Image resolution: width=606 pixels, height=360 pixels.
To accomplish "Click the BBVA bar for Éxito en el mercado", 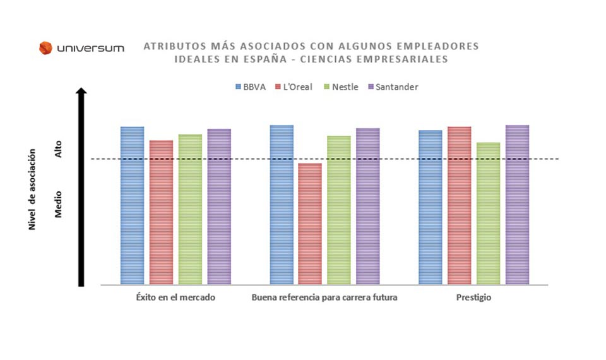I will point(132,205).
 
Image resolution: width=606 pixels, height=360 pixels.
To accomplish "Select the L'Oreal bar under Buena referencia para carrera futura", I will point(310,224).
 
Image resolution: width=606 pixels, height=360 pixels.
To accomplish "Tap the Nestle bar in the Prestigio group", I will point(488,213).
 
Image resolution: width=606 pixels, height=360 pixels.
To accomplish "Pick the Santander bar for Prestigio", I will point(517,205).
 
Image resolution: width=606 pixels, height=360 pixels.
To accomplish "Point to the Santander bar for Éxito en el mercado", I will point(219,207).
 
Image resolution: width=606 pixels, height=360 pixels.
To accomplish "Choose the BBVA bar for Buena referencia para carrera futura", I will point(282,205).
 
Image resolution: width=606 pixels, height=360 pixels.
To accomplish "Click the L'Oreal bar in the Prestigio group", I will point(460,205).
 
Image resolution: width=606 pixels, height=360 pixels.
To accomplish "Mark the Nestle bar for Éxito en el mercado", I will point(190,209).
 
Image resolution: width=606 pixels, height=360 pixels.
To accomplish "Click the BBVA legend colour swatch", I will point(238,87).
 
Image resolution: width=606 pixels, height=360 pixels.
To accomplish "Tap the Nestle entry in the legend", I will point(345,87).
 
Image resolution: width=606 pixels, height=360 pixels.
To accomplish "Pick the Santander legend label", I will point(396,87).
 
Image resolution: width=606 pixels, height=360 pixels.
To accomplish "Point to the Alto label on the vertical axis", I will point(59,149).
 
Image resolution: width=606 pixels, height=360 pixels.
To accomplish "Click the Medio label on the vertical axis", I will point(59,205).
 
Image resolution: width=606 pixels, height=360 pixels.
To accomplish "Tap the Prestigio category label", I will point(473,297).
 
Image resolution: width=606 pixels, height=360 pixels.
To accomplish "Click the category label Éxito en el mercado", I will point(175,297).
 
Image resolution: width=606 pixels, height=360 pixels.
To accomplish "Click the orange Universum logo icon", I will point(45,48).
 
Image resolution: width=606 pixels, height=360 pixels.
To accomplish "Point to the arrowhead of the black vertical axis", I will point(81,92).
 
